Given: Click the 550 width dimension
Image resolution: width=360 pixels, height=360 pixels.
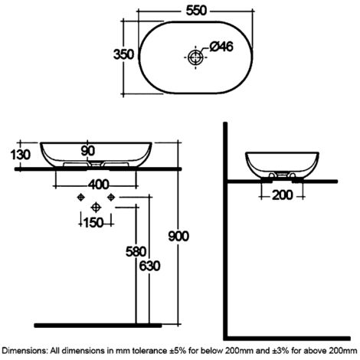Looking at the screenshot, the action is coord(196,11).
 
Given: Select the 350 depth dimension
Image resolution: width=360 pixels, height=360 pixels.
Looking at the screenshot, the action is coord(123,54).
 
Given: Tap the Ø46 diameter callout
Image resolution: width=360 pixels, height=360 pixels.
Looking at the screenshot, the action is coord(221,47).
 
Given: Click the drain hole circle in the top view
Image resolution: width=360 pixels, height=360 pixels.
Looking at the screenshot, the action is coord(195,57).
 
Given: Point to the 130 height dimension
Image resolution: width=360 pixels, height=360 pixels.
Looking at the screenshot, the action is coord(21,155).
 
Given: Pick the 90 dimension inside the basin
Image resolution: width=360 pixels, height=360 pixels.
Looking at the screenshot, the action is coord(88,151).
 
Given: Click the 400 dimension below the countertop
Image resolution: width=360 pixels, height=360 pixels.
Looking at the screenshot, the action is coord(99,185).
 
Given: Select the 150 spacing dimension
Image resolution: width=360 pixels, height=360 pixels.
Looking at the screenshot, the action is coord(93,223).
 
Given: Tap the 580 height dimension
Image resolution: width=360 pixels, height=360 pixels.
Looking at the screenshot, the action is coord(136,252).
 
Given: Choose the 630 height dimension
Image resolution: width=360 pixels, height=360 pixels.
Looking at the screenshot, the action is coord(150,266).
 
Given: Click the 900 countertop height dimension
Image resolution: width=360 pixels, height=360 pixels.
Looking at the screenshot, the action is coord(178,236).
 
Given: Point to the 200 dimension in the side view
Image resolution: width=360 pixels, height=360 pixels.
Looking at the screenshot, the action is coord(283,195).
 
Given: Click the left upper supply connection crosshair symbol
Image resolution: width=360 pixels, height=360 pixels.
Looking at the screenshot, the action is coord(80,197).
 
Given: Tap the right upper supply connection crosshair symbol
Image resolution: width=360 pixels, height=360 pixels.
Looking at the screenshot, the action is coord(111,197).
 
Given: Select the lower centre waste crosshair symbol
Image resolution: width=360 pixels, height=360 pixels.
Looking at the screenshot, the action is coord(96,208).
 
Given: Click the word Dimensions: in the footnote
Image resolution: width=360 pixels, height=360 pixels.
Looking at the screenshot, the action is coord(25,351).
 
